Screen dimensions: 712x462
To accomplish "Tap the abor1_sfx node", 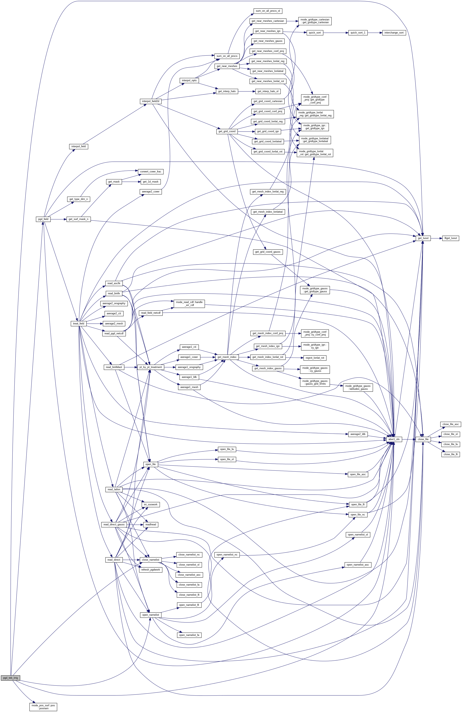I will [394, 439].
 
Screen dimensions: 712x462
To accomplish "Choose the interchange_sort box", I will [394, 33].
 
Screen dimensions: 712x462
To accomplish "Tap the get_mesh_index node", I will [227, 357].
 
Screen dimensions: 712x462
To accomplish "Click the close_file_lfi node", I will [450, 454].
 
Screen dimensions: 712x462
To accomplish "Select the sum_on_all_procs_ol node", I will [268, 11].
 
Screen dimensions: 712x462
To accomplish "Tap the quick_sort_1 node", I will [358, 33].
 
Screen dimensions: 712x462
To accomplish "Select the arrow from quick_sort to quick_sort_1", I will [335, 33].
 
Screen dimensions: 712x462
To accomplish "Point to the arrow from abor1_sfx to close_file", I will [409, 439].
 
